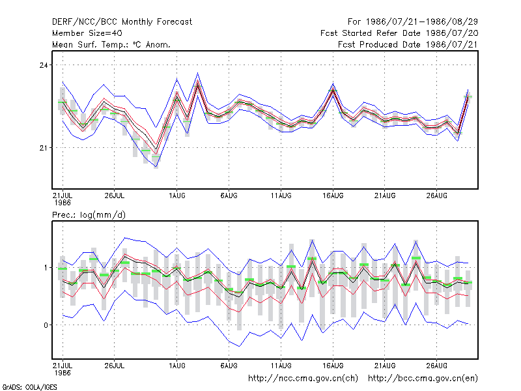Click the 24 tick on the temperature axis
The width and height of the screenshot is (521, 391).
pos(44,65)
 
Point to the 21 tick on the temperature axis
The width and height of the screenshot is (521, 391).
pos(44,148)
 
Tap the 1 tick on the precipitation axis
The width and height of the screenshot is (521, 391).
pos(46,268)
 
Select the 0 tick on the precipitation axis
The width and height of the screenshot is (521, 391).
pos(46,325)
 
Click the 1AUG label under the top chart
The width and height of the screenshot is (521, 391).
pos(176,195)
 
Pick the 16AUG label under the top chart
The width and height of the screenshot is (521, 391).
pos(333,195)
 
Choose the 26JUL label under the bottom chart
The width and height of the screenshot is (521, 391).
pos(115,366)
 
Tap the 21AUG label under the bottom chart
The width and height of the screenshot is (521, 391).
pos(385,366)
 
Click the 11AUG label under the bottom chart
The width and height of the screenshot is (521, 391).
pos(281,366)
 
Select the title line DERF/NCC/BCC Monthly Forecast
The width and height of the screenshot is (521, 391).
pos(122,22)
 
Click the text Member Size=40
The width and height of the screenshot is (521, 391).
pos(87,33)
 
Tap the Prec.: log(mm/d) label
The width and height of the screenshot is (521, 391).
pos(89,215)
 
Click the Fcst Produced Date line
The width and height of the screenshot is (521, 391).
pos(408,44)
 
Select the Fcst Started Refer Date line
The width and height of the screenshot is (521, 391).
pos(399,33)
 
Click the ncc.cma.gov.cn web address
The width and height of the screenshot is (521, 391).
pos(303,379)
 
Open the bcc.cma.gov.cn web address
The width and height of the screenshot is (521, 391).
pos(423,379)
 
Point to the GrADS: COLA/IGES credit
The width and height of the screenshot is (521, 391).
pos(29,387)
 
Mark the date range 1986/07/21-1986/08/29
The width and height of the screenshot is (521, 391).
pos(421,22)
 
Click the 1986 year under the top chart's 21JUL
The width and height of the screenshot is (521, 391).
pos(63,203)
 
